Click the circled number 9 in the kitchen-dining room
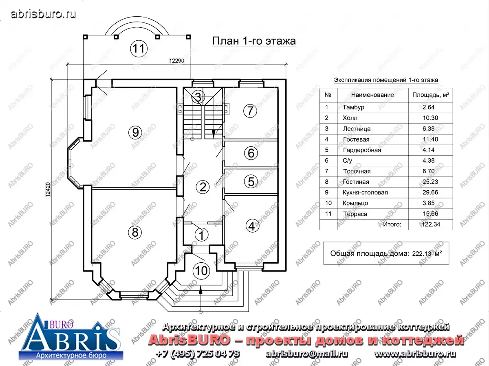(x=135, y=133)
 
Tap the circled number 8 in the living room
(x=135, y=233)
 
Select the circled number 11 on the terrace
(x=139, y=48)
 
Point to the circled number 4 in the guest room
(x=252, y=226)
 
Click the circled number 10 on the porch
(x=201, y=271)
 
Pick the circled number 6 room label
(x=251, y=153)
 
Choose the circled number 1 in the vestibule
(x=201, y=235)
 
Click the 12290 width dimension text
(x=177, y=61)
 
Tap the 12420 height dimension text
(x=48, y=190)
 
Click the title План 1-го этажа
(x=254, y=41)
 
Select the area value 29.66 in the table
(x=430, y=192)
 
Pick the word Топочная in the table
(x=357, y=171)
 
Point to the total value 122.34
(x=431, y=224)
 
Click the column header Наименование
(x=372, y=95)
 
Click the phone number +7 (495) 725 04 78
(x=198, y=354)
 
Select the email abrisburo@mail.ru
(x=306, y=354)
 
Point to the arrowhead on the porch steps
(x=200, y=290)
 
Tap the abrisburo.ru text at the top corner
(x=43, y=14)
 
